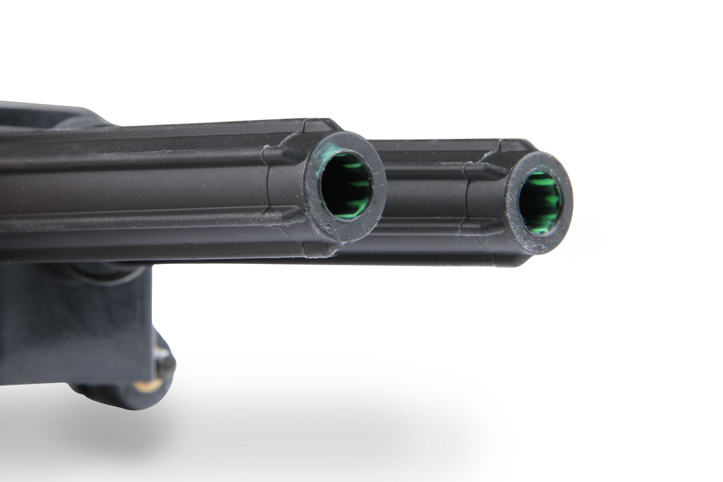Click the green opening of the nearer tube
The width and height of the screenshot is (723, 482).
(x=347, y=185)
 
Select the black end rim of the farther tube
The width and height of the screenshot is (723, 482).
(x=566, y=226)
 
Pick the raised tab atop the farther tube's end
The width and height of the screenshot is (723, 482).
(x=516, y=145)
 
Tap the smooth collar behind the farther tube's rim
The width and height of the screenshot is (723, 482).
(x=485, y=200)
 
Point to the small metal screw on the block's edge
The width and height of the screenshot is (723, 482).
(x=162, y=356)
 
